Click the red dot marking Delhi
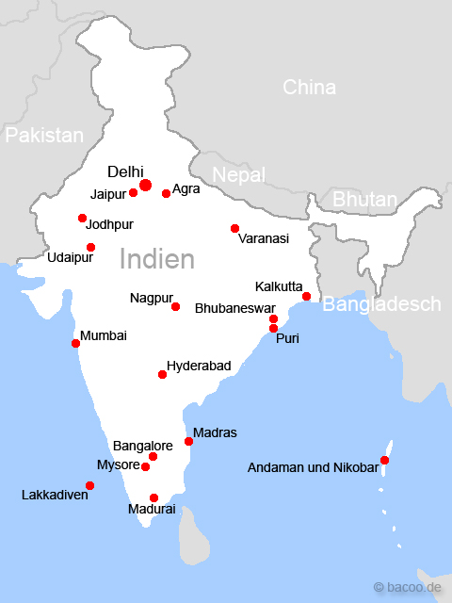145,185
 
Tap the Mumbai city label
104,335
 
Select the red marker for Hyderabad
162,375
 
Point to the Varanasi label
264,239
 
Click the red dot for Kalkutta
306,297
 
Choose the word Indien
157,259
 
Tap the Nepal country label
239,175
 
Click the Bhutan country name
364,200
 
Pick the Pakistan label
44,136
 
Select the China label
309,88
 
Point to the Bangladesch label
381,304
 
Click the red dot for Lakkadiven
89,486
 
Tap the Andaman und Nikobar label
312,466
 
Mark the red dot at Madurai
153,497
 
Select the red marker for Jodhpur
82,219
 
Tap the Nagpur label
150,299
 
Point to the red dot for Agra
166,193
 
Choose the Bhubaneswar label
234,308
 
